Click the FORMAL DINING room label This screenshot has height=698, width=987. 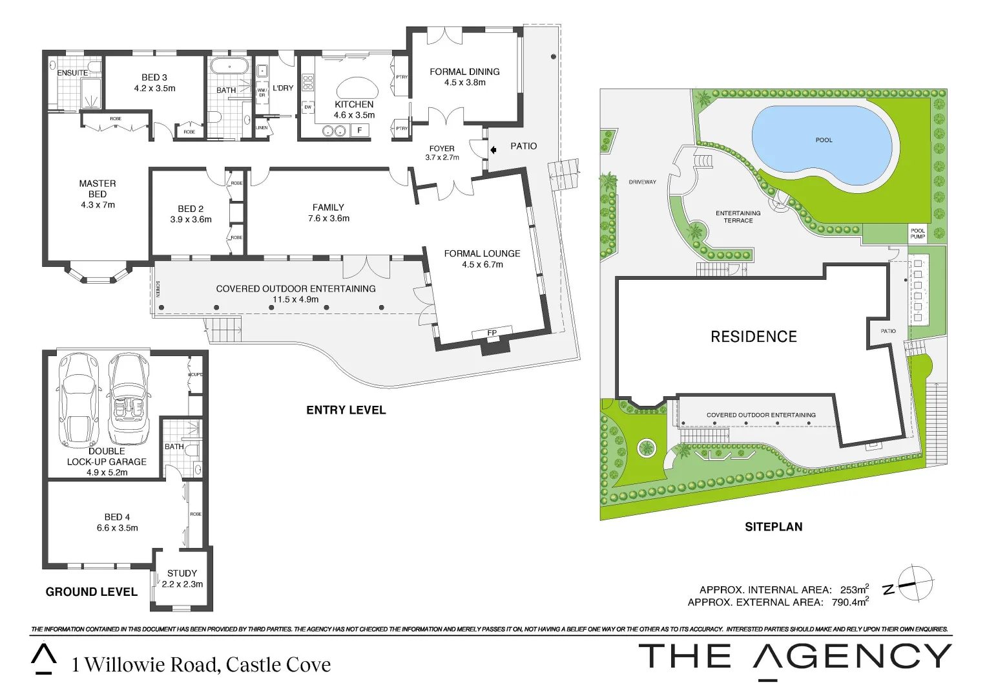coord(464,72)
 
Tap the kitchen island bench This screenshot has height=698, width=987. coord(354,88)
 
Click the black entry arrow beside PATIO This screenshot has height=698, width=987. coord(493,150)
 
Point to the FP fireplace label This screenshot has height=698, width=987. coord(492,333)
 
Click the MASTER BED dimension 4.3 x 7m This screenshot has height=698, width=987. coord(98,205)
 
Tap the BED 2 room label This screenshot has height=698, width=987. coord(191,209)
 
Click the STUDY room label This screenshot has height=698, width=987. coord(182,573)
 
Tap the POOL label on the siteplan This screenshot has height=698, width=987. coord(824,140)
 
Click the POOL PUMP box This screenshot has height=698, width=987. coord(917,233)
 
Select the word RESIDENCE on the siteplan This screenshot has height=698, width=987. coord(754,337)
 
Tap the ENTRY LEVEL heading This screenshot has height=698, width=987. coord(346,410)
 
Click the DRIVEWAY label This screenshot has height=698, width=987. coord(642,182)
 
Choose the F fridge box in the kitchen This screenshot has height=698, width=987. coord(360,131)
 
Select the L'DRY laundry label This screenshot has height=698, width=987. coord(283,88)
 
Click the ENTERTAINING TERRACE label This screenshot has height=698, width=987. coord(738,217)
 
